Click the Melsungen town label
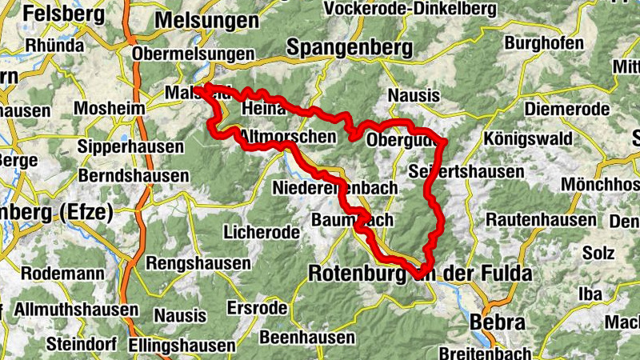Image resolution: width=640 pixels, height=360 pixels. point(204,18)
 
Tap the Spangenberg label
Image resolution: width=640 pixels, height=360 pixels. point(342,47)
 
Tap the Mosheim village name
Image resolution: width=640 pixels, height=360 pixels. point(109,108)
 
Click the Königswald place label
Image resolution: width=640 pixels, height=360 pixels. point(528,138)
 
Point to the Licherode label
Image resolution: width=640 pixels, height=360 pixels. point(262,233)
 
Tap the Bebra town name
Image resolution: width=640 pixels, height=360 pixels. point(499,323)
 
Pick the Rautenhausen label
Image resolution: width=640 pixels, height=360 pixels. point(538,218)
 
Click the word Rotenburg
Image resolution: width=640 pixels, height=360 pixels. point(359,274)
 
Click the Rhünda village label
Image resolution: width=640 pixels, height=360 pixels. point(54,45)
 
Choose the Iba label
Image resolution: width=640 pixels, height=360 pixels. point(590,294)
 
